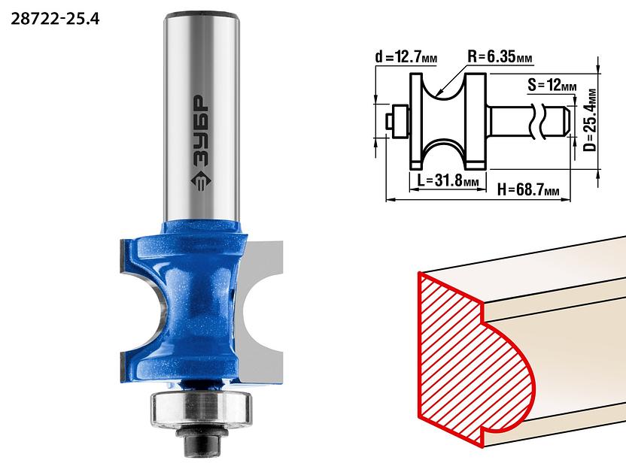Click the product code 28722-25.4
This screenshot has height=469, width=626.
[55, 18]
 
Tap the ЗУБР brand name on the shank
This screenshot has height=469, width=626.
[199, 132]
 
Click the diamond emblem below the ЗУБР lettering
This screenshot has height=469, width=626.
[199, 181]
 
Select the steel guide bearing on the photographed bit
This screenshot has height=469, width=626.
[201, 410]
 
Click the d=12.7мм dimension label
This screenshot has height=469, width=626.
[406, 57]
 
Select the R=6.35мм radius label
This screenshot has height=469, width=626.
[500, 57]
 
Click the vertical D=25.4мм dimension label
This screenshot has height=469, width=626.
[590, 120]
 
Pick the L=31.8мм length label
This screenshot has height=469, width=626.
[448, 180]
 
